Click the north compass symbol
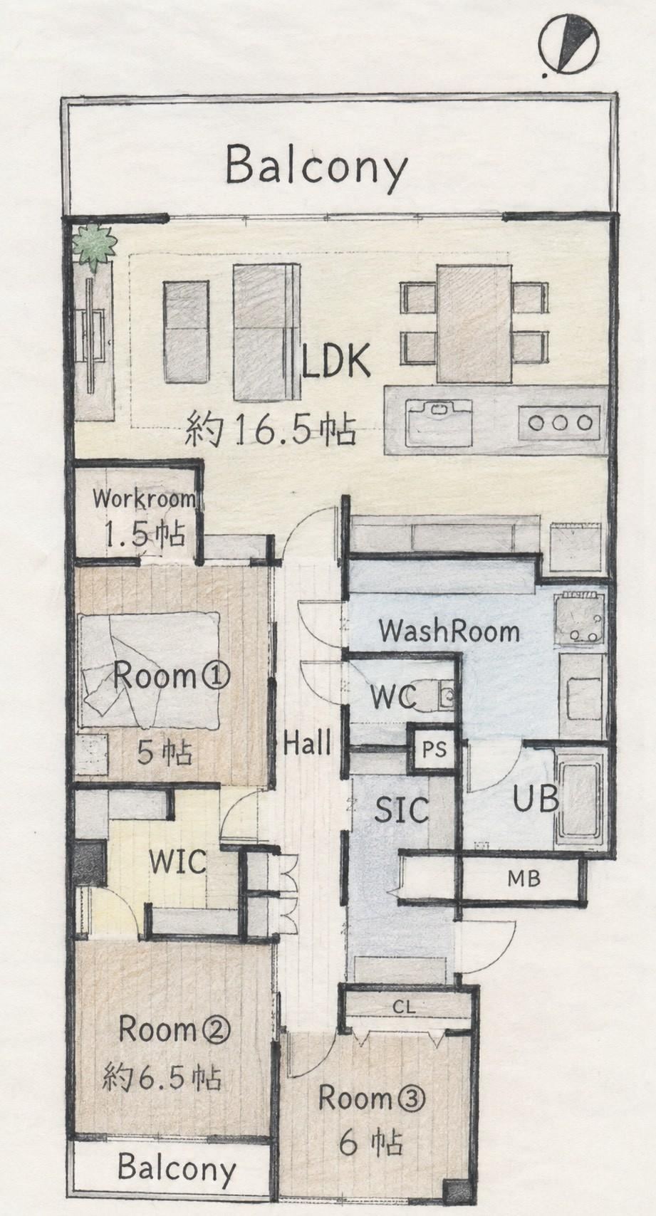[569, 44]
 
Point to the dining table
[474, 323]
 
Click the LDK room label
[337, 360]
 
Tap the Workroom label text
[144, 499]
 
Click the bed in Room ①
[150, 670]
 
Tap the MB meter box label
[524, 879]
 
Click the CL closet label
[405, 992]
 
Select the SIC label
[402, 810]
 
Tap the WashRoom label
[449, 631]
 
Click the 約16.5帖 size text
[271, 429]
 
